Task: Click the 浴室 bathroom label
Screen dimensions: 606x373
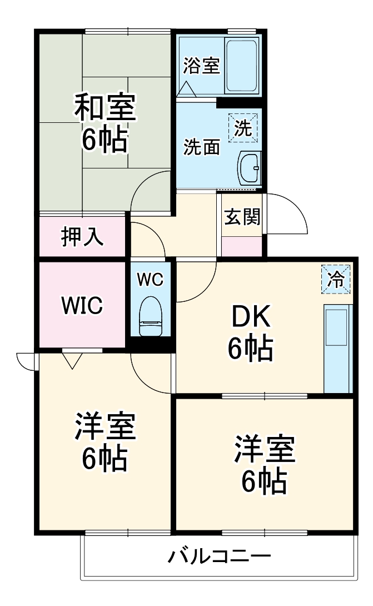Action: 202,66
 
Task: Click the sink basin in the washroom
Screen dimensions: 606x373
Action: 250,166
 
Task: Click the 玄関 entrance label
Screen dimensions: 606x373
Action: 242,217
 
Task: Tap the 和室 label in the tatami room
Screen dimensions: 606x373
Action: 105,108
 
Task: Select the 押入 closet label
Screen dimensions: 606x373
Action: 82,236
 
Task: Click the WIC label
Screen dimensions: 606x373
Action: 81,305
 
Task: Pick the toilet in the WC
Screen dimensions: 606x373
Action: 151,316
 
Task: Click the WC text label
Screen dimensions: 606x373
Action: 151,280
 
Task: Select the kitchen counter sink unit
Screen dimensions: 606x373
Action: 338,347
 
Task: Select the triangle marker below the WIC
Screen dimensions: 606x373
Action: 71,361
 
